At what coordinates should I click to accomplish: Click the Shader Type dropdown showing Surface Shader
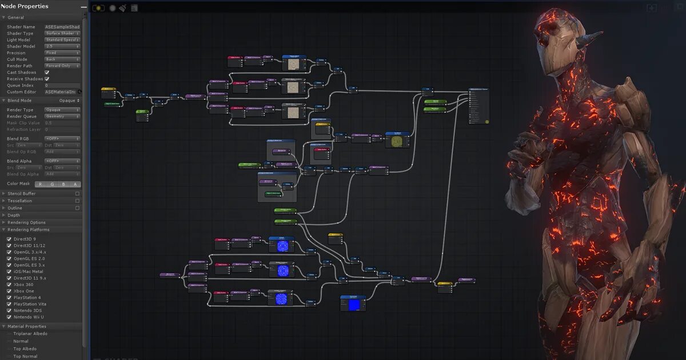click(62, 33)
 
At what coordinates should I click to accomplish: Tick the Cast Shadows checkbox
click(47, 73)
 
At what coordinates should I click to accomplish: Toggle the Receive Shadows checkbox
click(47, 79)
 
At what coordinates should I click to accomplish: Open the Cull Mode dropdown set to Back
click(62, 59)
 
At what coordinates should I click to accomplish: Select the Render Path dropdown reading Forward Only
click(62, 66)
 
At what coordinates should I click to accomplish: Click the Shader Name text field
click(62, 27)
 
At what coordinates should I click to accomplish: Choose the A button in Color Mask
click(75, 184)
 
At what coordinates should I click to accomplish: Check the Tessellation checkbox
click(78, 201)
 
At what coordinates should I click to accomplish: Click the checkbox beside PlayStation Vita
click(9, 304)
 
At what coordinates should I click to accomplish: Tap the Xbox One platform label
click(23, 291)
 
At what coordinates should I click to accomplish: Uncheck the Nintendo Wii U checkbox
click(9, 317)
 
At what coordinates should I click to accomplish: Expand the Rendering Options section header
click(26, 222)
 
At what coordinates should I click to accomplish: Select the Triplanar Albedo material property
click(30, 334)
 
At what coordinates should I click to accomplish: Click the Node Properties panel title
click(25, 6)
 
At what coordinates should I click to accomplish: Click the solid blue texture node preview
click(353, 305)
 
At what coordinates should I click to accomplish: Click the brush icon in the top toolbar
click(122, 9)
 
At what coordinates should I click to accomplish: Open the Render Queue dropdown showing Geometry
click(62, 117)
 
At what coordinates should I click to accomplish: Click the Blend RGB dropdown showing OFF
click(62, 138)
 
